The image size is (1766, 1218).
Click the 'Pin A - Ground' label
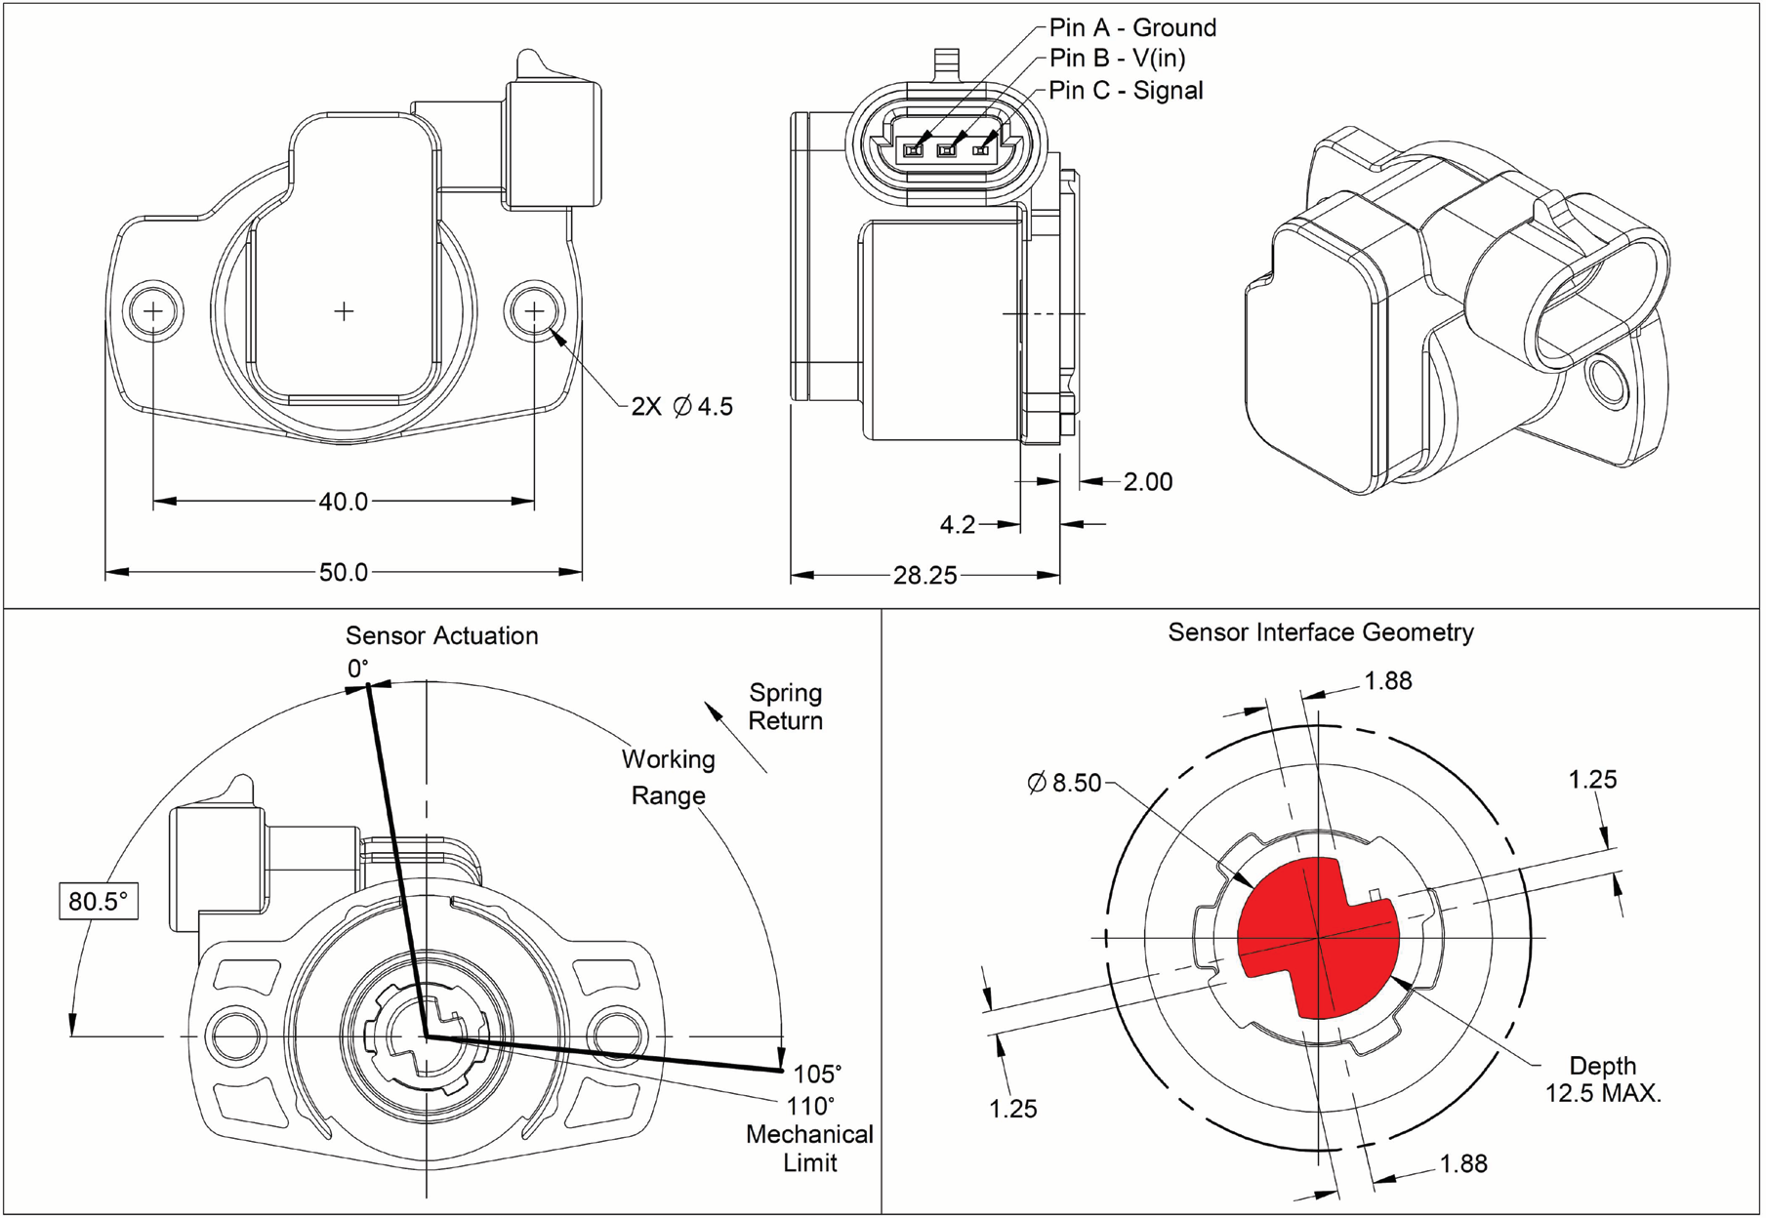(1132, 27)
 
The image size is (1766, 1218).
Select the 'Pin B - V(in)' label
(1117, 59)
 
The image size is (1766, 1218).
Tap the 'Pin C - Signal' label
(1126, 91)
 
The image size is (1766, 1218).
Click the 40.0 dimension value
(344, 502)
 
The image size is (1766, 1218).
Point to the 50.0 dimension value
(344, 572)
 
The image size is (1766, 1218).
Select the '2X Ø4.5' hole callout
(681, 406)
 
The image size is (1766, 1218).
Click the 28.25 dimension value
(924, 575)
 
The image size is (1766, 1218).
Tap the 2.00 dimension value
(1148, 482)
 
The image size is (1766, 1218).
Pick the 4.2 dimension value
(958, 525)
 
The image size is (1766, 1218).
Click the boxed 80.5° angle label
(98, 901)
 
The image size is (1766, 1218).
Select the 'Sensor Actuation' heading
(441, 636)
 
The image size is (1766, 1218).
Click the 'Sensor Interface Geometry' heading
(1321, 632)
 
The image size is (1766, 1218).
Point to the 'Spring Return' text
(785, 707)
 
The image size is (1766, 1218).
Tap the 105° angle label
(817, 1075)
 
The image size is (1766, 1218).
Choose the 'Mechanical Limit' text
(809, 1149)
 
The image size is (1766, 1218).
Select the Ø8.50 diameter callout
(1064, 783)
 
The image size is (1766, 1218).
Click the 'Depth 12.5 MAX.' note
(1602, 1079)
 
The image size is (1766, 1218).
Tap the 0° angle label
(358, 670)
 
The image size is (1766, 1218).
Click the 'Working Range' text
(668, 777)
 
